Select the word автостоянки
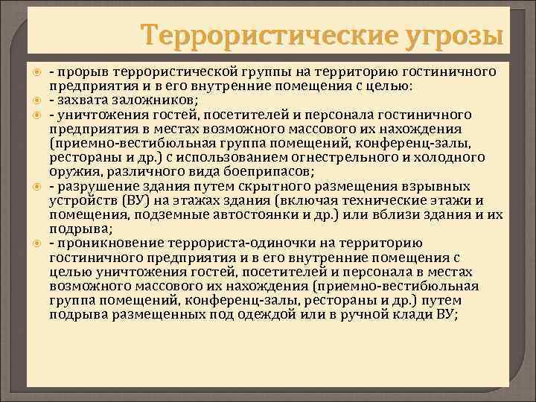click(x=241, y=214)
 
